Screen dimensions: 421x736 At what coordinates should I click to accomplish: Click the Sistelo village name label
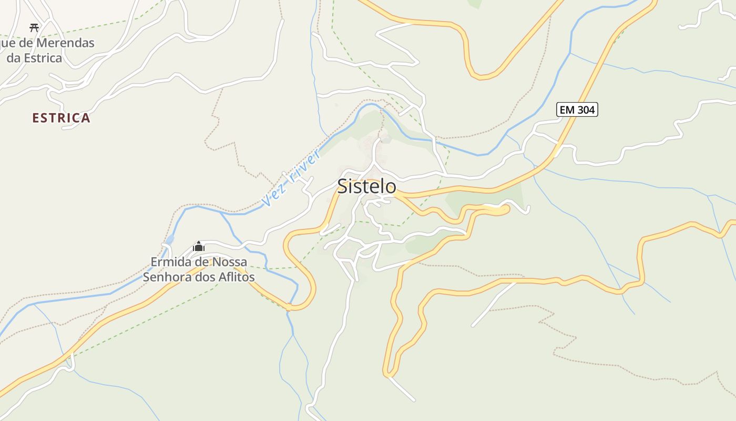366,186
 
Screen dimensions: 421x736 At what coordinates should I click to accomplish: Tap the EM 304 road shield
577,109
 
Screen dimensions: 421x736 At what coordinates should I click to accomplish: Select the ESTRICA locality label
61,118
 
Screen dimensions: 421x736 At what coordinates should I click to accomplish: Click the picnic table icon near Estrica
34,27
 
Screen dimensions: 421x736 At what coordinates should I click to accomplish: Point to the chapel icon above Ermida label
199,246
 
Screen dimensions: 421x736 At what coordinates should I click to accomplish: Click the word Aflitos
235,277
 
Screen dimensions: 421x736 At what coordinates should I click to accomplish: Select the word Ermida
169,262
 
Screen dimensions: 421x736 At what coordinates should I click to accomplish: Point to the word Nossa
230,262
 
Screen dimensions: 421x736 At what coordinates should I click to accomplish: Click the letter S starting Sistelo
343,186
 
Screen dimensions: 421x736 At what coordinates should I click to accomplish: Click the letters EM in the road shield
567,109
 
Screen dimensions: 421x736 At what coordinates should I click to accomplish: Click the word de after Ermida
202,262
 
